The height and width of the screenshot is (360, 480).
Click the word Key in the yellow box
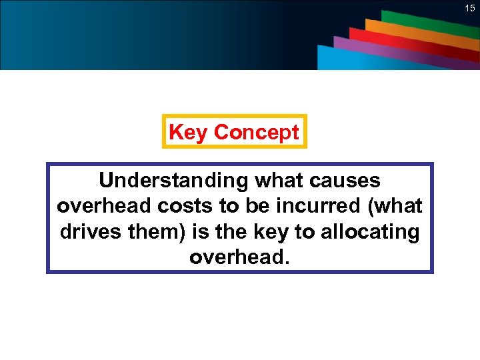pos(189,132)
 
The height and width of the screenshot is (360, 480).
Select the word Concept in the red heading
pos(256,132)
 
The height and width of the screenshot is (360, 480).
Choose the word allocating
pos(371,231)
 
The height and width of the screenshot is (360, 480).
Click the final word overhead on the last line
pos(239,257)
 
